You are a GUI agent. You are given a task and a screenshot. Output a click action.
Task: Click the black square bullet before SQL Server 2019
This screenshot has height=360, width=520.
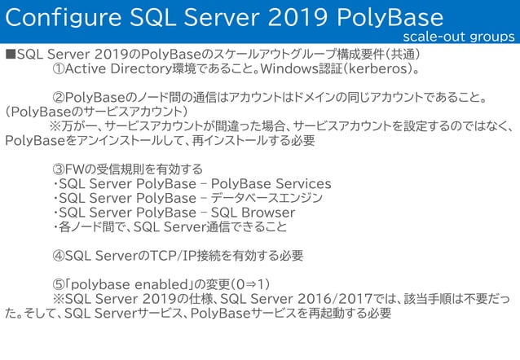(10, 55)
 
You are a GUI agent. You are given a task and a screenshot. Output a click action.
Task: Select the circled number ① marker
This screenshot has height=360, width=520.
(59, 70)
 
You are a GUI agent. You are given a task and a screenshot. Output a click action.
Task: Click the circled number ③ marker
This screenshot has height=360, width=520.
(59, 169)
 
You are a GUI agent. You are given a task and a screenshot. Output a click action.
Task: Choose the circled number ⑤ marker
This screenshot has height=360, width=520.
(59, 284)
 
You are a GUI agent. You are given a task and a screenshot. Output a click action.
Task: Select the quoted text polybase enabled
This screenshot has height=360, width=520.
(134, 284)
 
